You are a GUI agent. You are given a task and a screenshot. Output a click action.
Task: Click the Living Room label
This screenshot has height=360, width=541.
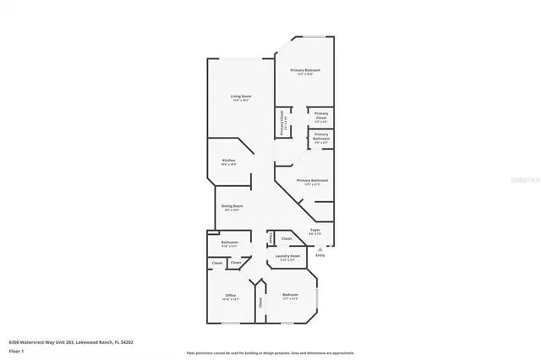click(241, 96)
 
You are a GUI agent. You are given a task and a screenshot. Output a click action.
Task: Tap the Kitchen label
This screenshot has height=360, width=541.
click(228, 160)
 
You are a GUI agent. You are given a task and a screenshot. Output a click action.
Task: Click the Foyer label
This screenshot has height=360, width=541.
click(314, 229)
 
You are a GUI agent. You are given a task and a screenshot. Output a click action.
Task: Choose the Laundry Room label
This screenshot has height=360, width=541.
click(288, 255)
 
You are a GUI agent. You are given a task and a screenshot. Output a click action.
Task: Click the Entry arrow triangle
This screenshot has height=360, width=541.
click(320, 248)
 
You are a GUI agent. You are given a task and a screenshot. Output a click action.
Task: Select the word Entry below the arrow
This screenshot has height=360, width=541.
click(320, 254)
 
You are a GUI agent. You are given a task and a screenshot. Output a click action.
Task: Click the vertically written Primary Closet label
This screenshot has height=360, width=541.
click(282, 125)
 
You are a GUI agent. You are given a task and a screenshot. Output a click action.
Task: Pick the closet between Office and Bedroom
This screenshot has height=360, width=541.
click(260, 301)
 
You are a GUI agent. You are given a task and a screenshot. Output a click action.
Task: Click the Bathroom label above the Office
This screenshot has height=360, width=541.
click(229, 243)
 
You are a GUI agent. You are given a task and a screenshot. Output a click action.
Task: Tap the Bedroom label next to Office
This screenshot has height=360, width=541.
click(290, 295)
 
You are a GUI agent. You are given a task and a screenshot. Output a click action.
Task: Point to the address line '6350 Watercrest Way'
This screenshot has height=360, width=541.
click(71, 342)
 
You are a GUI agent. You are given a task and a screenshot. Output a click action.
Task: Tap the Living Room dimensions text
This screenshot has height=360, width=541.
click(241, 101)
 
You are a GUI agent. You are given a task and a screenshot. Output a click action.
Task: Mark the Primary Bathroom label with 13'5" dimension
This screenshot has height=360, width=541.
click(312, 181)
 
